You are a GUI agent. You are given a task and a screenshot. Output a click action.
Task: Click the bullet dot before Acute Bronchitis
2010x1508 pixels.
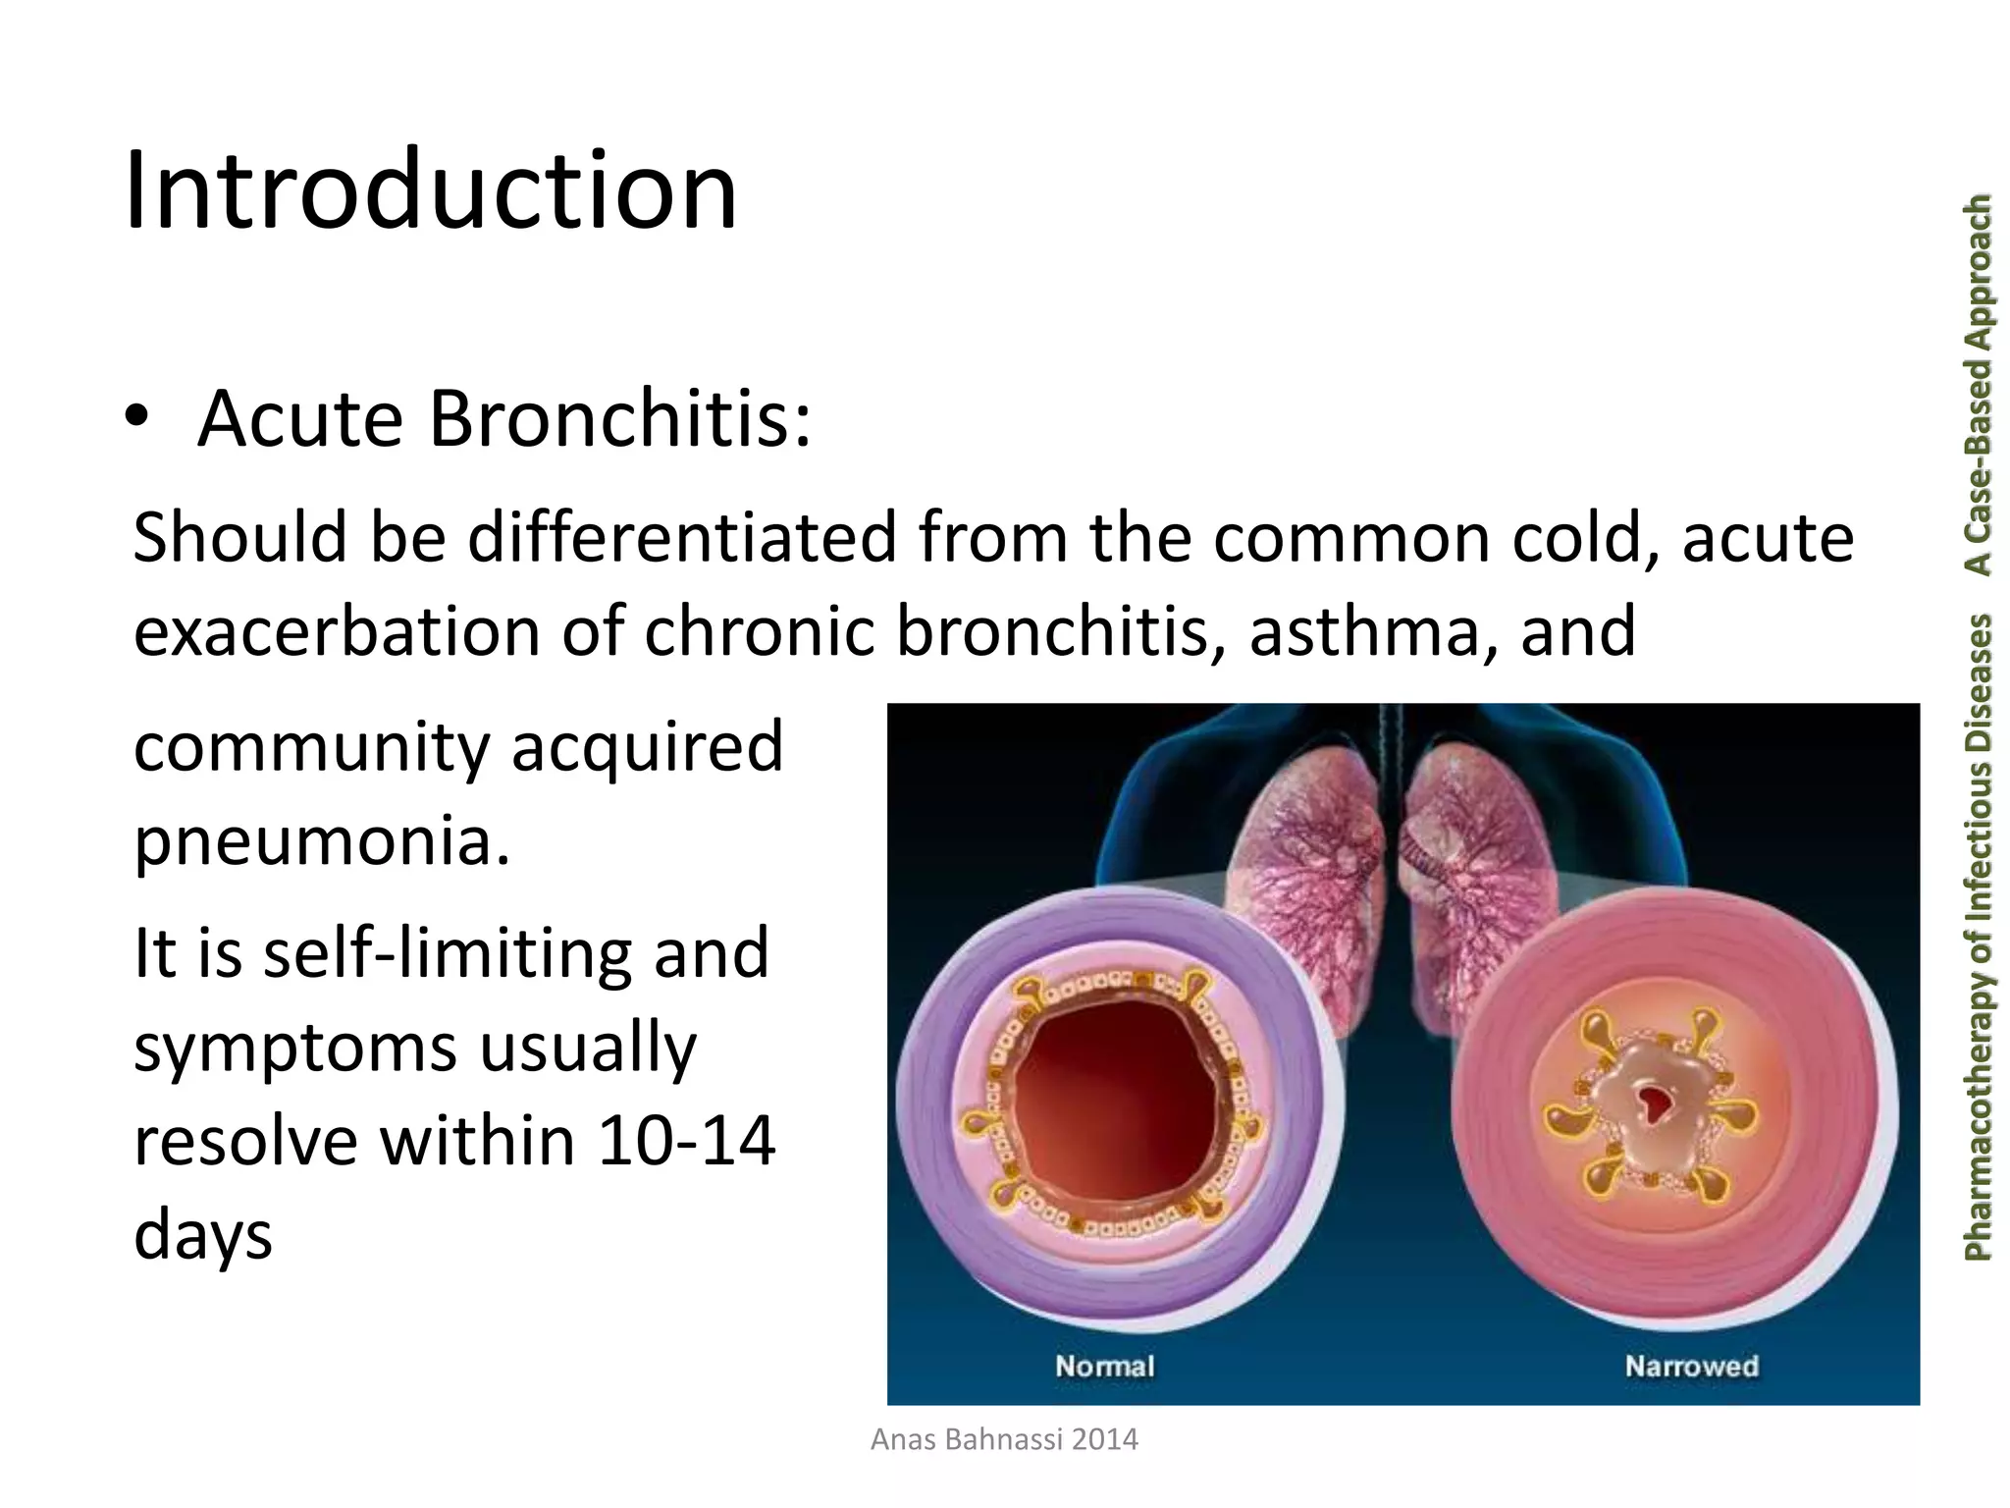[x=137, y=418]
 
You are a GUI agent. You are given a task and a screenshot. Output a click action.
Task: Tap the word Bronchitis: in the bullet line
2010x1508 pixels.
[x=620, y=418]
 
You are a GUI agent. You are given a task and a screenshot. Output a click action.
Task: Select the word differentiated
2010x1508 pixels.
[x=682, y=537]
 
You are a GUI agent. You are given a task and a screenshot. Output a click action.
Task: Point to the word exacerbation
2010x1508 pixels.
[x=338, y=630]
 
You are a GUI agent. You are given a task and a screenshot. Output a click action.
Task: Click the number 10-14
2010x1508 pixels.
[x=686, y=1142]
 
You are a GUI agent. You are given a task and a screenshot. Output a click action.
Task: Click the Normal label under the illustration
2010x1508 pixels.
[x=1104, y=1366]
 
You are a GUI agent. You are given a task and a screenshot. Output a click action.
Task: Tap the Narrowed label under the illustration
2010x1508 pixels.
[x=1691, y=1366]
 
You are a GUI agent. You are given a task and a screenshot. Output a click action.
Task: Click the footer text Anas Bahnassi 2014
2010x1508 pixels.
[x=1004, y=1440]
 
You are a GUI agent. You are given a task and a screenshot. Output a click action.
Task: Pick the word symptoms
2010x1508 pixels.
[x=295, y=1049]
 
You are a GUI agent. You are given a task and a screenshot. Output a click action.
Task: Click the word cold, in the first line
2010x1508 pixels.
[x=1587, y=537]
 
